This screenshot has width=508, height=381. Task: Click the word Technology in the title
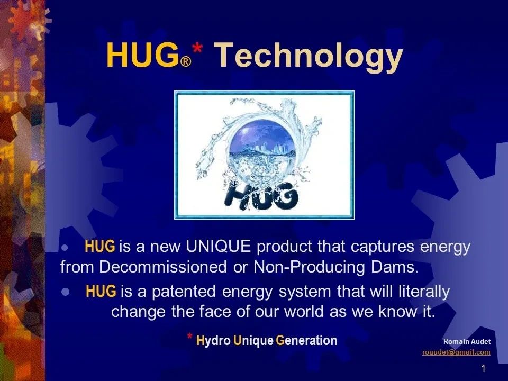click(x=307, y=56)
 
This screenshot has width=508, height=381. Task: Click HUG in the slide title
click(x=142, y=56)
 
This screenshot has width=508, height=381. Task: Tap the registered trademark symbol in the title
click(x=185, y=62)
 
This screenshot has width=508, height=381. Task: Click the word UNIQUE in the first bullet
click(x=217, y=247)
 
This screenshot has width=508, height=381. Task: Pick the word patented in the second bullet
click(x=171, y=292)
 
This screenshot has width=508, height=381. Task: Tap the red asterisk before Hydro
click(x=189, y=337)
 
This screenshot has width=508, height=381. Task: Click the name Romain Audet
click(x=467, y=341)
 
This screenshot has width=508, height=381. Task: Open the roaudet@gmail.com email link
click(x=456, y=352)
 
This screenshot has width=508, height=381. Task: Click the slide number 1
click(x=484, y=368)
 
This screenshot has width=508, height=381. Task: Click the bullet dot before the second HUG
click(x=66, y=292)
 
